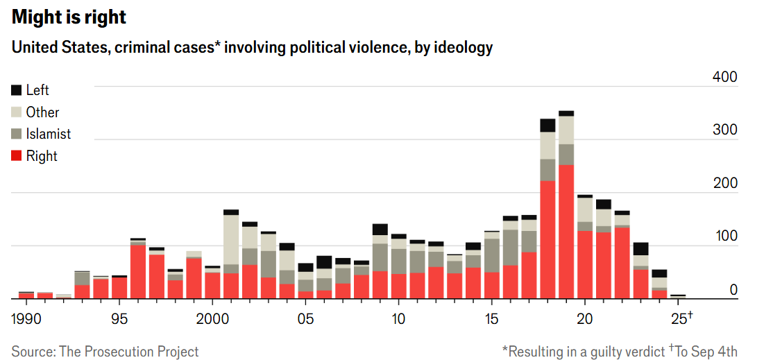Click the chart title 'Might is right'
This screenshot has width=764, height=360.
pyautogui.click(x=69, y=17)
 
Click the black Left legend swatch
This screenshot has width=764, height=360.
pyautogui.click(x=17, y=90)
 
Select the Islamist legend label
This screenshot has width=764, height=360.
pyautogui.click(x=48, y=134)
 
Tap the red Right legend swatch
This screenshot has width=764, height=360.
pyautogui.click(x=17, y=156)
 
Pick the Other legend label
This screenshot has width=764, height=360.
pyautogui.click(x=42, y=112)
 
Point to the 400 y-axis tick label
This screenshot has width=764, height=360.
pyautogui.click(x=725, y=77)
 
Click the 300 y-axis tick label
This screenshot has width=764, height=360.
pyautogui.click(x=725, y=130)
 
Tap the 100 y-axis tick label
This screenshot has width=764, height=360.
pyautogui.click(x=725, y=237)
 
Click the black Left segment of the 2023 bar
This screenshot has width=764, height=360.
pyautogui.click(x=640, y=248)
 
